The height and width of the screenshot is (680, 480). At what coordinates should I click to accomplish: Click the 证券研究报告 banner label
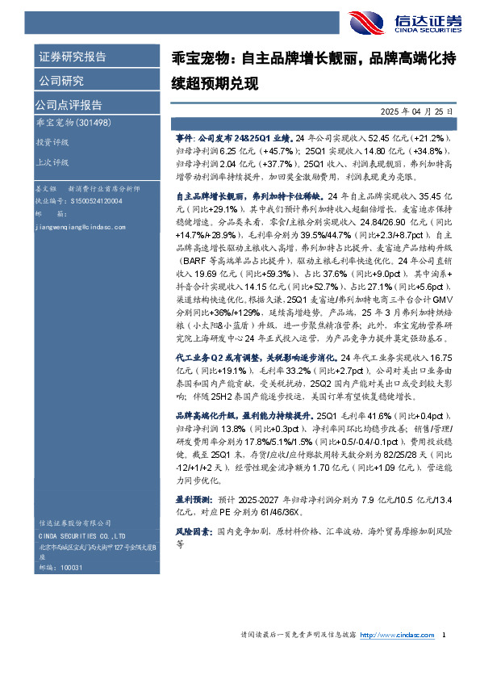click(73, 57)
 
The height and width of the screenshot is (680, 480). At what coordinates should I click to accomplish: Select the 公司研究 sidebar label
click(61, 80)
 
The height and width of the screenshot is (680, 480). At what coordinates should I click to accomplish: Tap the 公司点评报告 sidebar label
click(68, 104)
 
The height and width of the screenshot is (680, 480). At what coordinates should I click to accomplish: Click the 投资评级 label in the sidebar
click(51, 141)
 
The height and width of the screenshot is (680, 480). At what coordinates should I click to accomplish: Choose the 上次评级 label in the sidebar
click(51, 162)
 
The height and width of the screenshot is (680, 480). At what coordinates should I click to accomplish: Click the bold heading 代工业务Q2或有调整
click(215, 356)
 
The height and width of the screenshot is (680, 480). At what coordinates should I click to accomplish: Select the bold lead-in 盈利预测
click(191, 500)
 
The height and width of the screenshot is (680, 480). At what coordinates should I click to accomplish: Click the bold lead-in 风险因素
click(191, 533)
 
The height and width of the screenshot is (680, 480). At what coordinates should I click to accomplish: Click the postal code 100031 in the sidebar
click(72, 569)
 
